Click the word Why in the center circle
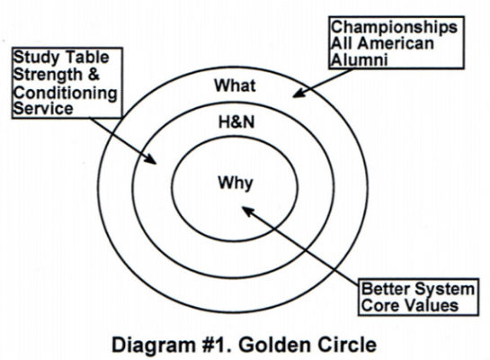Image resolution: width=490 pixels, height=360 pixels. [x=236, y=184]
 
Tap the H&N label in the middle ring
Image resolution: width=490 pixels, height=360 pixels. [x=236, y=125]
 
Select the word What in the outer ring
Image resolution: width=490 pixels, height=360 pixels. [x=236, y=86]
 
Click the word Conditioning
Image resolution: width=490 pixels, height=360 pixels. [x=60, y=92]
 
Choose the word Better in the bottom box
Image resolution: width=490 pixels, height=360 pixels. [x=385, y=290]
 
